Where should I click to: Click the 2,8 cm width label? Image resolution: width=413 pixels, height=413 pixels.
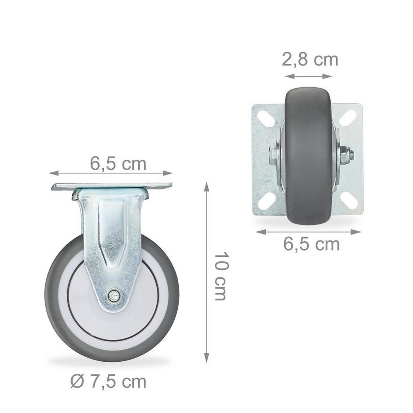310,60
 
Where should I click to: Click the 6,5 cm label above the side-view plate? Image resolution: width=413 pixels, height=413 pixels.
118,164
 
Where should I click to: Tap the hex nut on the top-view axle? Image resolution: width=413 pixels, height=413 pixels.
346,155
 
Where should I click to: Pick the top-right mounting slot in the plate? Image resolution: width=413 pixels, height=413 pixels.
348,118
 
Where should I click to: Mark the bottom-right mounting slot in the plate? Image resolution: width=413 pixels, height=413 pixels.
349,200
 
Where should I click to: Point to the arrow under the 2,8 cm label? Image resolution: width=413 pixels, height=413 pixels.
308,76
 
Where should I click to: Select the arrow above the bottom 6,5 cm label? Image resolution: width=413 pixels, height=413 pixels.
308,232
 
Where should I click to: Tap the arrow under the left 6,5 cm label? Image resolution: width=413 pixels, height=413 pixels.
111,173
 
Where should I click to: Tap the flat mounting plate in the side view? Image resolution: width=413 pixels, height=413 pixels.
112,186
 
